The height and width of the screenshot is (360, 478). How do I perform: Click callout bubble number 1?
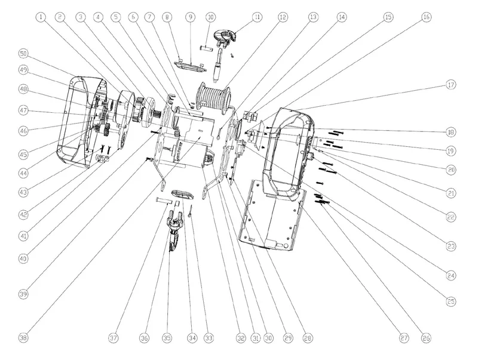click(x=41, y=17)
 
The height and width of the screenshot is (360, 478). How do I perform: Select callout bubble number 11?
click(x=257, y=17)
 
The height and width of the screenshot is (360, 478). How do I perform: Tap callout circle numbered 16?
click(x=425, y=17)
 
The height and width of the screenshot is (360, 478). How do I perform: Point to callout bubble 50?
click(x=23, y=54)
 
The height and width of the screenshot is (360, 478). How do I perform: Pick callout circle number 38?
click(x=23, y=338)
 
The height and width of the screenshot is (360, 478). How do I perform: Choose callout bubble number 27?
click(x=405, y=338)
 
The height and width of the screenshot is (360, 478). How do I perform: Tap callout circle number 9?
click(x=190, y=17)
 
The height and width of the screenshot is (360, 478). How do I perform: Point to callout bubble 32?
click(x=240, y=338)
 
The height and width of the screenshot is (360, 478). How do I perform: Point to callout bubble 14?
click(x=341, y=17)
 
